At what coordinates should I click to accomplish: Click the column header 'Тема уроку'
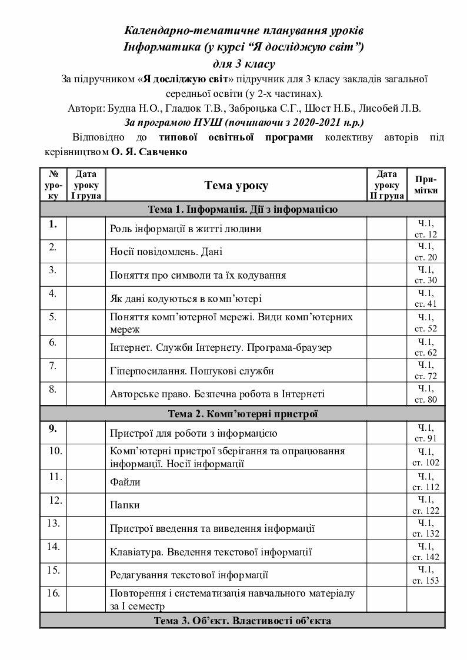pos(236,186)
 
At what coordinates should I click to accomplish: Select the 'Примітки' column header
pos(426,185)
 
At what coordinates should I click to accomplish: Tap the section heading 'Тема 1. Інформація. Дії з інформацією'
pos(242,210)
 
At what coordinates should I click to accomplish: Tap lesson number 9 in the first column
pos(53,428)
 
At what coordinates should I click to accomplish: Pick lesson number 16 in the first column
pos(54,592)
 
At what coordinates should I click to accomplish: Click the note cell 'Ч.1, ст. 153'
pos(426,575)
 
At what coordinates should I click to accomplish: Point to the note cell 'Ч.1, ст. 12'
pos(426,229)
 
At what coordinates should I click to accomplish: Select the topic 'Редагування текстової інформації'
pos(189,575)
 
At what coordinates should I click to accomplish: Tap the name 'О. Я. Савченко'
pos(149,152)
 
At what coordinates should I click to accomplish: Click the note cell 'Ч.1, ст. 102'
pos(426,457)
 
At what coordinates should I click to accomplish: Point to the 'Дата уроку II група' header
pos(386,185)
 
